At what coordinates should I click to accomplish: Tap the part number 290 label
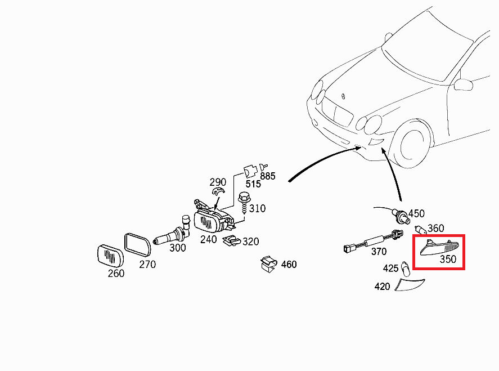pyautogui.click(x=218, y=182)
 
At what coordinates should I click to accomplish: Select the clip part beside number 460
pyautogui.click(x=269, y=263)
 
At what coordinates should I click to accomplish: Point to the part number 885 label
pyautogui.click(x=268, y=176)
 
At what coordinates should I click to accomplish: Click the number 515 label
pyautogui.click(x=253, y=184)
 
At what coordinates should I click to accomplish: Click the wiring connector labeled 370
pyautogui.click(x=368, y=244)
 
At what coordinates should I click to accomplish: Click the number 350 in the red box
pyautogui.click(x=448, y=260)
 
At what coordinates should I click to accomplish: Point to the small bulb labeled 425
pyautogui.click(x=406, y=267)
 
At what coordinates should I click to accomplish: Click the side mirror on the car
pyautogui.click(x=464, y=84)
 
